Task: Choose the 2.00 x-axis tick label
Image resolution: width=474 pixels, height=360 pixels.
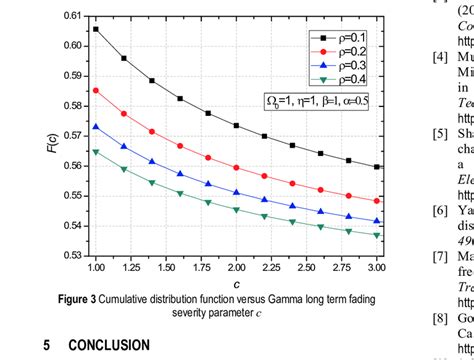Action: (236, 269)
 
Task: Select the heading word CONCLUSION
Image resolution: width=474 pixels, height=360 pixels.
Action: (109, 345)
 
